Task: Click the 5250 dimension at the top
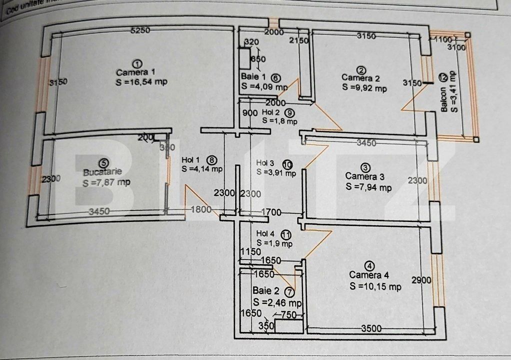coord(140,30)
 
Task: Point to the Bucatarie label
coord(102,172)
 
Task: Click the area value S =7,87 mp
coord(106,182)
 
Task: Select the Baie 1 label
coord(253,77)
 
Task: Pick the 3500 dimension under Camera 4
coord(371,328)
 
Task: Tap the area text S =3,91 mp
coord(276,172)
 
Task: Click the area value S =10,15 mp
coord(375,286)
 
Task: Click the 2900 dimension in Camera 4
coord(421,280)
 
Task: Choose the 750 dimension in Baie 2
coord(288,314)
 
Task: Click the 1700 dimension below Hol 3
coord(271,212)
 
